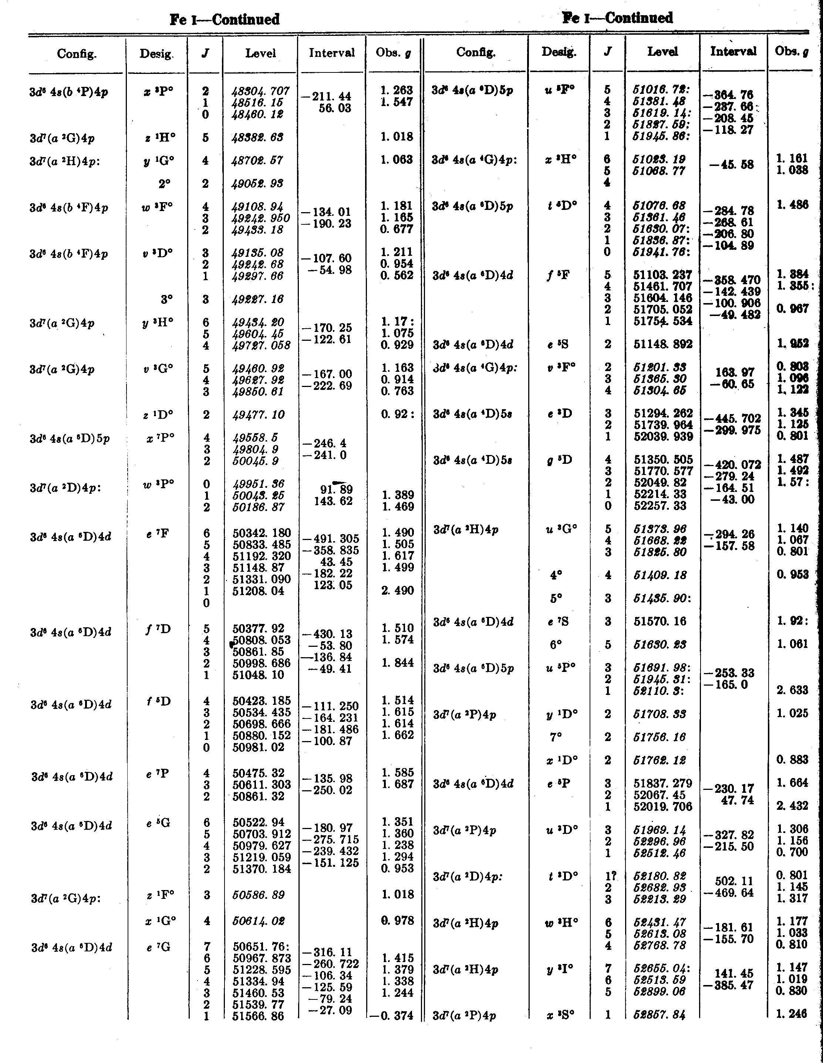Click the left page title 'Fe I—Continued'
[225, 20]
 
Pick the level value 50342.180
[261, 533]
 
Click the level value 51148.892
[663, 344]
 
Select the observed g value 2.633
[792, 690]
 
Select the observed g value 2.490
[397, 591]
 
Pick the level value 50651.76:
[261, 947]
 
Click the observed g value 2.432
[792, 806]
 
